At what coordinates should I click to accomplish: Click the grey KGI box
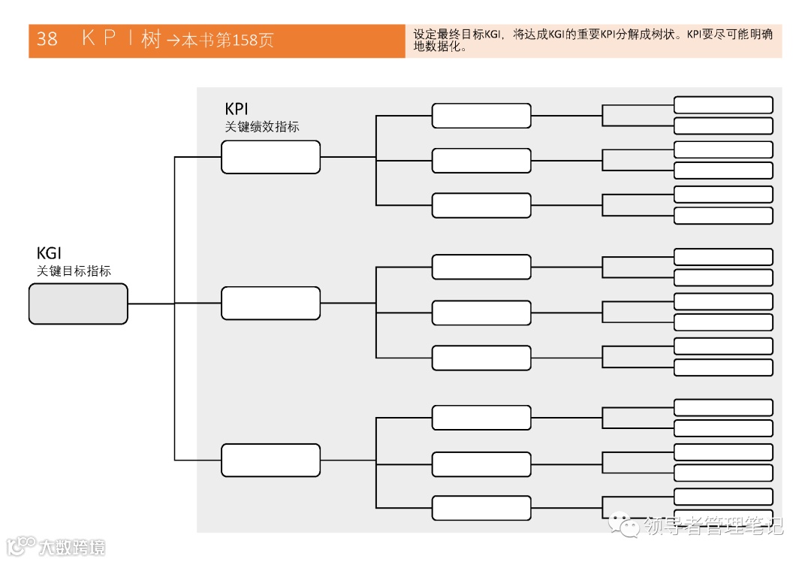(78, 304)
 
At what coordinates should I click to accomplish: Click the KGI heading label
(49, 253)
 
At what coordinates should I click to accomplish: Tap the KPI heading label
(237, 110)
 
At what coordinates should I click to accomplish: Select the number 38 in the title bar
(47, 40)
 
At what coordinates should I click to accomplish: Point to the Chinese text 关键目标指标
(74, 271)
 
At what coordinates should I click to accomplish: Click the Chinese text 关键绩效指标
(262, 127)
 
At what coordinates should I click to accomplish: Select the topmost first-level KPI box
(270, 157)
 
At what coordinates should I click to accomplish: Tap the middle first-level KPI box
(270, 303)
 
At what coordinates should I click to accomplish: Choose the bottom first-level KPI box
(270, 460)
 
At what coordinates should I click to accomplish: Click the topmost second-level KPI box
(481, 116)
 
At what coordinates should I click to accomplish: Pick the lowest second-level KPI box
(481, 508)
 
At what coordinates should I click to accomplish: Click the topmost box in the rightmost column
(723, 105)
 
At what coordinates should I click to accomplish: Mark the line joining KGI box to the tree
(150, 304)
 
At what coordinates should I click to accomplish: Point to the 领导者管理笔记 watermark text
(713, 526)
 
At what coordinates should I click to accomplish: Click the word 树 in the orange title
(151, 40)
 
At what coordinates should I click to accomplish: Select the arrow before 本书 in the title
(173, 41)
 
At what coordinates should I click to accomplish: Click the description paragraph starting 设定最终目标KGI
(593, 41)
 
